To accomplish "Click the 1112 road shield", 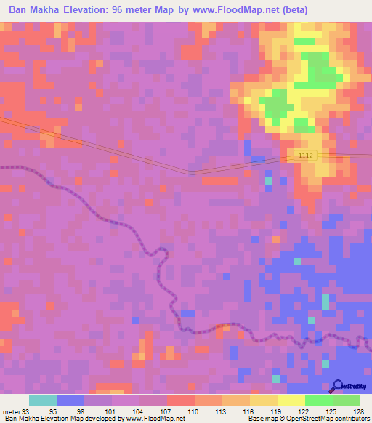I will tap(306, 156).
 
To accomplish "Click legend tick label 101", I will tap(110, 411).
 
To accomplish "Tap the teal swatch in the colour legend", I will tap(43, 400).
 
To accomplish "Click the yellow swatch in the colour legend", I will tap(291, 400).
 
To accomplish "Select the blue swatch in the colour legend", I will tap(70, 400).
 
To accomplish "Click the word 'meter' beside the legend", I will tap(11, 411).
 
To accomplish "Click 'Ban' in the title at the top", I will tap(20, 10).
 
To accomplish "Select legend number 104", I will tap(138, 411).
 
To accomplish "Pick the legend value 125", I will tap(332, 411).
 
